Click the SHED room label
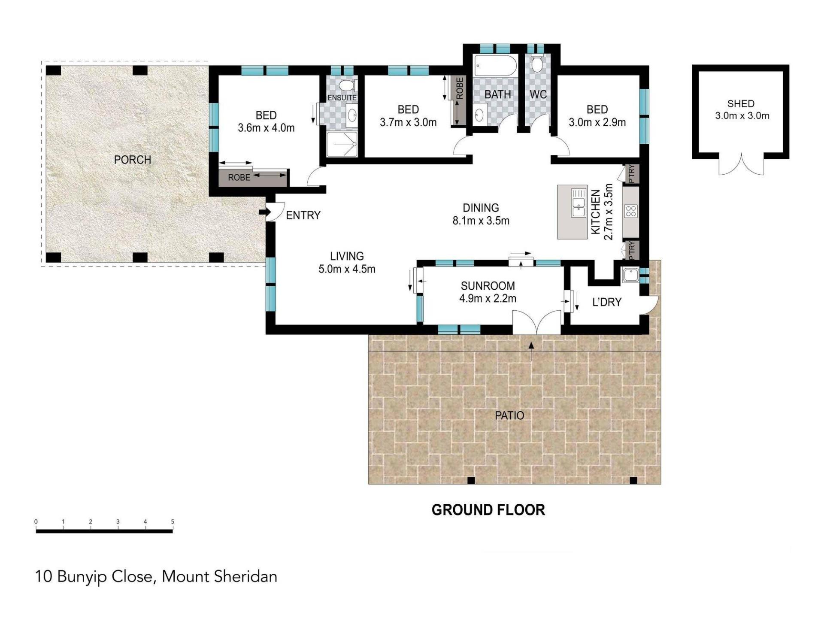[741, 104]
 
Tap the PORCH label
[133, 160]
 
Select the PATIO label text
[509, 415]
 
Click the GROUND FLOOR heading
[488, 510]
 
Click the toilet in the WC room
[536, 63]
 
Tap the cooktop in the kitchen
[631, 211]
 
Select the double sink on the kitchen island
[579, 203]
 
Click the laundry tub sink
[630, 275]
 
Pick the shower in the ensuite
[342, 144]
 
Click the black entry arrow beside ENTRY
[264, 212]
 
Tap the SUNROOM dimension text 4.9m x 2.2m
[488, 298]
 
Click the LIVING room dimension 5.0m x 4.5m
[347, 269]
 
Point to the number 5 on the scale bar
[173, 521]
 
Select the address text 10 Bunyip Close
[94, 576]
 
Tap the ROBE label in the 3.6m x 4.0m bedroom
[239, 178]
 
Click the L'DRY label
[606, 302]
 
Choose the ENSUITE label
[342, 98]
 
